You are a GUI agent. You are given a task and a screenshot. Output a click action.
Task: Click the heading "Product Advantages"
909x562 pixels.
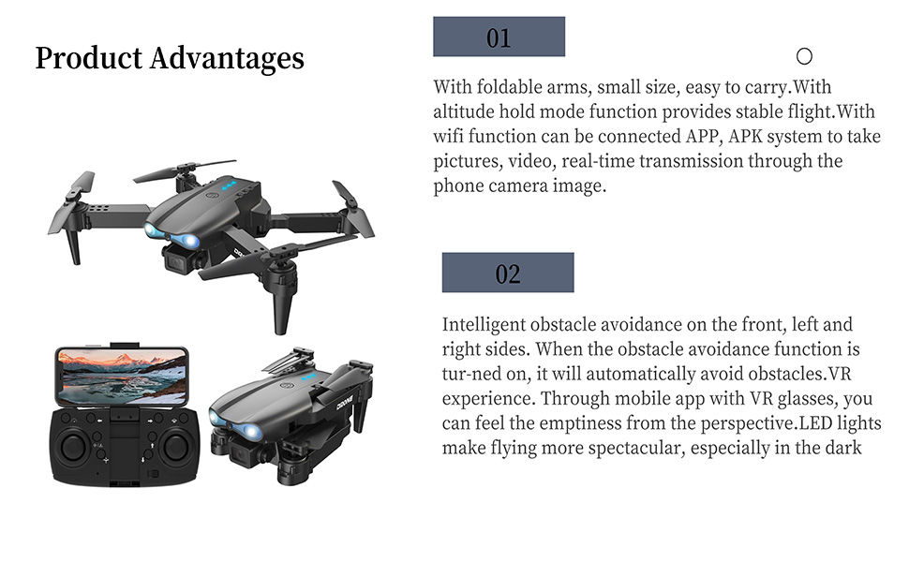pos(170,58)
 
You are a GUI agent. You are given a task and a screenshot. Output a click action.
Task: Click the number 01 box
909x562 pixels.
pos(499,37)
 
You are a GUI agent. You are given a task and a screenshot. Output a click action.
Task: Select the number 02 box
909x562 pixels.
pos(507,273)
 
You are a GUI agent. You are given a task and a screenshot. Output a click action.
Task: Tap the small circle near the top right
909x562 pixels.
pos(803,56)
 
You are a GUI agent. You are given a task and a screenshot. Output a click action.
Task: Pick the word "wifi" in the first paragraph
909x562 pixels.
pos(448,137)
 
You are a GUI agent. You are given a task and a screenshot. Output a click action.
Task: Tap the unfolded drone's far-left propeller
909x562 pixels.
pos(77,187)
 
